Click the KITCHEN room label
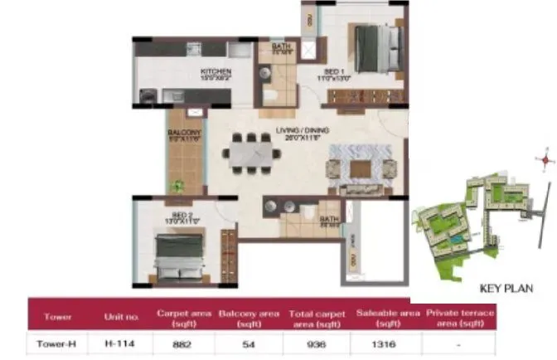click(x=215, y=72)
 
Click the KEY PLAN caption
click(x=506, y=289)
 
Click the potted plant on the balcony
click(x=177, y=187)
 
